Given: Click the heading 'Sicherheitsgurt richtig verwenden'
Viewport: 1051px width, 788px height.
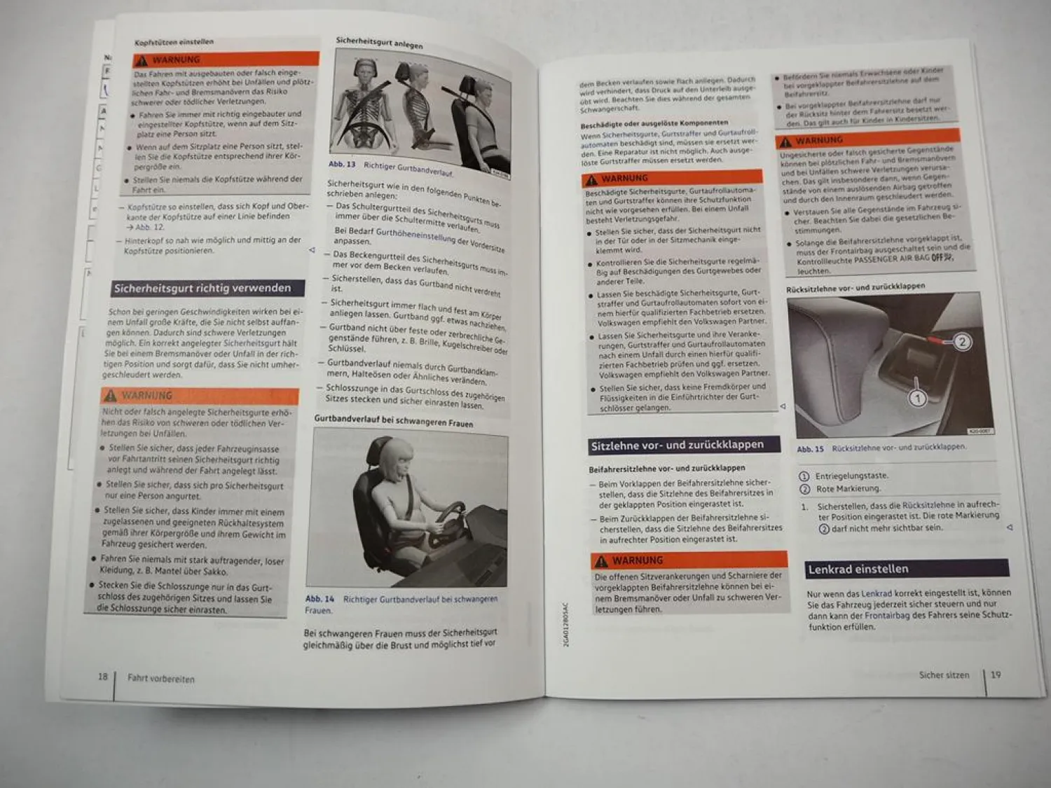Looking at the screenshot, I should click(x=202, y=288).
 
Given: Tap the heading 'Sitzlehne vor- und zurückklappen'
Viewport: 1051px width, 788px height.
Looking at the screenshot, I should click(x=677, y=445).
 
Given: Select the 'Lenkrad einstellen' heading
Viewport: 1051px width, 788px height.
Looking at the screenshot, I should click(x=858, y=569).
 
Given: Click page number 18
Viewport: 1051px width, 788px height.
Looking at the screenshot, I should click(x=103, y=677).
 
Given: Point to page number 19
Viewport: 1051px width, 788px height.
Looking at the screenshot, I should click(x=996, y=675).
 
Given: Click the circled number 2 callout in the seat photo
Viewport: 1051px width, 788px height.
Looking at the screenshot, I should click(x=962, y=342).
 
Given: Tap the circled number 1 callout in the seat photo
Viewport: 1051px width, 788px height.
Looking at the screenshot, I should click(x=917, y=399).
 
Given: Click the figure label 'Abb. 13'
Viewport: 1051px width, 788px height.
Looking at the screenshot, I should click(x=343, y=165).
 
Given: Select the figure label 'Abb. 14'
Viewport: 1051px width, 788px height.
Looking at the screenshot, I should click(x=320, y=599).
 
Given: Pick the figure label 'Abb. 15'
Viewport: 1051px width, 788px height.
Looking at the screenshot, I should click(x=810, y=449).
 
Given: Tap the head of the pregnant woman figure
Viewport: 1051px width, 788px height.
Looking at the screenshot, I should click(x=397, y=459).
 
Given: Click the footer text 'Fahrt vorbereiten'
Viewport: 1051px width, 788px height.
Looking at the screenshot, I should click(x=161, y=678).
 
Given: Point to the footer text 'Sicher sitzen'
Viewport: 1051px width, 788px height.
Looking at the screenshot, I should click(x=944, y=675).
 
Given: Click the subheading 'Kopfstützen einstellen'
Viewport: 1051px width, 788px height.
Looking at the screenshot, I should click(x=174, y=43).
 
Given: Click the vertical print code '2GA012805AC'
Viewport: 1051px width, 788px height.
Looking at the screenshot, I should click(x=566, y=624).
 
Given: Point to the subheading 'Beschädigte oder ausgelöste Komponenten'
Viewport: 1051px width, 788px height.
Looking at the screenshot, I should click(x=654, y=124).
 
